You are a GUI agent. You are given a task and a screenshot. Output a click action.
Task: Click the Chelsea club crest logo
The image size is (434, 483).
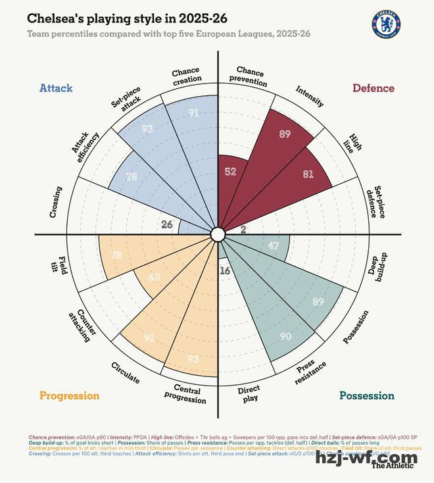[387, 24]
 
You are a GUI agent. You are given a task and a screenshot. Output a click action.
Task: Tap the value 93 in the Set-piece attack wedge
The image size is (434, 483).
[147, 129]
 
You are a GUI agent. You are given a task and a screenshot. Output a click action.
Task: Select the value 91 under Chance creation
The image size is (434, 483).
[193, 113]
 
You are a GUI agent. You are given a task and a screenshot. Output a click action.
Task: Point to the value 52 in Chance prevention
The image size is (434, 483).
[230, 172]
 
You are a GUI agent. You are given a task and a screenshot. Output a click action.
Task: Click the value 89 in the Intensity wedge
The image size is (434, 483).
[284, 134]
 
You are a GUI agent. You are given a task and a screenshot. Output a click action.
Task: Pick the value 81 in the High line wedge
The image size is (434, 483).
[308, 174]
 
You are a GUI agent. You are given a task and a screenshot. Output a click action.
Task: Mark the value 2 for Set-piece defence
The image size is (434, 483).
[243, 230]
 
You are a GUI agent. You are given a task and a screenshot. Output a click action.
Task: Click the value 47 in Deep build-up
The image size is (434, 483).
[274, 245]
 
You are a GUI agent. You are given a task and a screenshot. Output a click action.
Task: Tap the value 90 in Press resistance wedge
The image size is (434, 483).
[285, 336]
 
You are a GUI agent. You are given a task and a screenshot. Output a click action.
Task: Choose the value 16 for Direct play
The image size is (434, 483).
[225, 270]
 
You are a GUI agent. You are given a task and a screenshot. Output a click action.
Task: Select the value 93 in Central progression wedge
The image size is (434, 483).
[193, 359]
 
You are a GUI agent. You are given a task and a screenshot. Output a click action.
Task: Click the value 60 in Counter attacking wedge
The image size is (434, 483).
[154, 278]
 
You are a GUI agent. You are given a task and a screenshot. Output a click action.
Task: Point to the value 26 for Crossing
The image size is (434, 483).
[167, 224]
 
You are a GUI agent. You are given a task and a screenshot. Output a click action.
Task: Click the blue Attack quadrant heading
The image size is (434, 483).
[56, 88]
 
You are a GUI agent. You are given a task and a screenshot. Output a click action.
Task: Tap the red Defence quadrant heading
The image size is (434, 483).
[373, 88]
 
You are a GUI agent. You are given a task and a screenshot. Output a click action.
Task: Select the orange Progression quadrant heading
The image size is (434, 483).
[69, 395]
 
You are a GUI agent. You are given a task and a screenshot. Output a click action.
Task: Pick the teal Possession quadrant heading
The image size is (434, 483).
[366, 395]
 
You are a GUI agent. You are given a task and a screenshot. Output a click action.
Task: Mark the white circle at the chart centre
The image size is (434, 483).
[218, 234]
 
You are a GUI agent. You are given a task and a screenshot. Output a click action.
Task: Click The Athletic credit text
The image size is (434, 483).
[393, 465]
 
